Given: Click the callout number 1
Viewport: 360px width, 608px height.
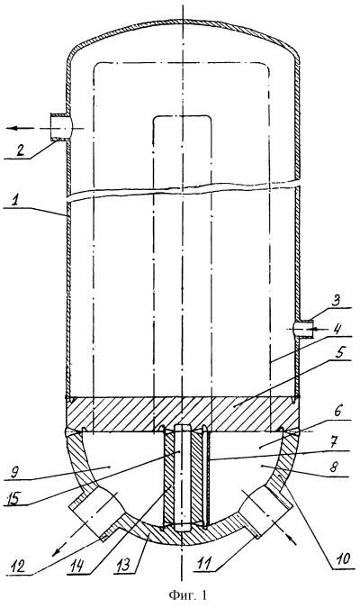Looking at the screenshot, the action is [x=15, y=202].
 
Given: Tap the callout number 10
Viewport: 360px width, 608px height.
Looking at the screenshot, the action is [x=344, y=558].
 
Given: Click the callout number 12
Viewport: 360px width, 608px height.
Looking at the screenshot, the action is [x=18, y=567].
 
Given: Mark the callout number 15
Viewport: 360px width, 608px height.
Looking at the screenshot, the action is [x=13, y=497].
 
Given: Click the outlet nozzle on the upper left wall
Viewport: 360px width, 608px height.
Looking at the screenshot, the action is [x=59, y=128].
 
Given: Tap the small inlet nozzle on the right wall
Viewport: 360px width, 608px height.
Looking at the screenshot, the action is [x=304, y=329].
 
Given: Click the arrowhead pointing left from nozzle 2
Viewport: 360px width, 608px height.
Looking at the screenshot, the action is [x=13, y=128].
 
